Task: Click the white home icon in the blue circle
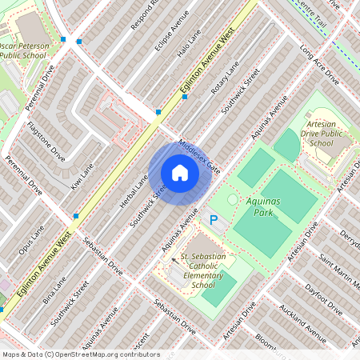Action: (x=180, y=173)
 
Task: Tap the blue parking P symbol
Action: (x=214, y=219)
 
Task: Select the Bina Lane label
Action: (x=55, y=290)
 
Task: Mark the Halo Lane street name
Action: (x=189, y=57)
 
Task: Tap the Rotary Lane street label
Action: (x=226, y=86)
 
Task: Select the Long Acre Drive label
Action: (x=319, y=63)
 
